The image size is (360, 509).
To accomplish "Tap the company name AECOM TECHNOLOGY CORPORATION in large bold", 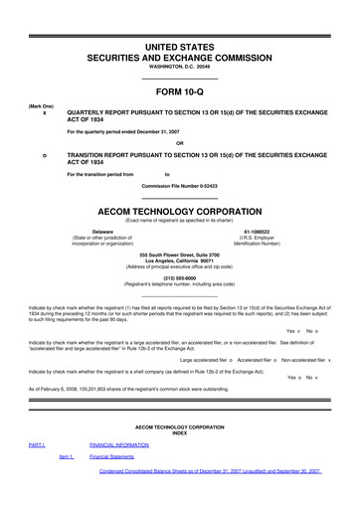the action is point(180,213).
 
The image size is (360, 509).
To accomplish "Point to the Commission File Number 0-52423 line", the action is point(180,186).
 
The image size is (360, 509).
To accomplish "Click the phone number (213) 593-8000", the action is point(180,278).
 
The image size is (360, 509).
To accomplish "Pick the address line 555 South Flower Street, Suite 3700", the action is point(180,254).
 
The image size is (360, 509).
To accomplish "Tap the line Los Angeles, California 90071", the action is point(180,260).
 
